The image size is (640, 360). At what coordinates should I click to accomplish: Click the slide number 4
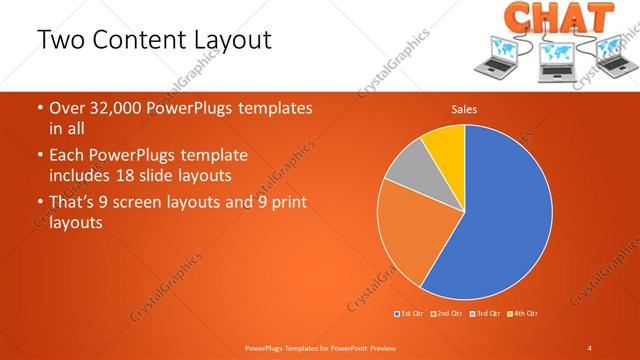click(590, 347)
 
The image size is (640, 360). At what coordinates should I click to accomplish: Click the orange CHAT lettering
click(557, 17)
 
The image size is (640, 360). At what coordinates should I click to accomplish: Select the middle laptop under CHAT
click(556, 62)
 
